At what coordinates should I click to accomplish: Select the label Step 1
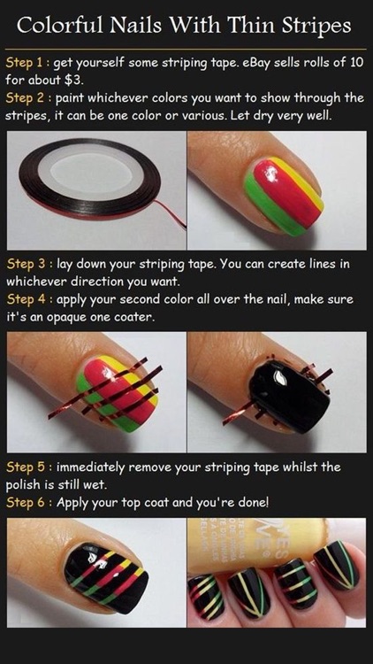25,63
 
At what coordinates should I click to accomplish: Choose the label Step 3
26,264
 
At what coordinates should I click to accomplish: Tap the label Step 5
26,467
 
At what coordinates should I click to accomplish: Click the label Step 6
26,503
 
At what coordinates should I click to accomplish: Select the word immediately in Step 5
90,467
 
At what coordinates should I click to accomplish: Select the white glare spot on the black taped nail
281,378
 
